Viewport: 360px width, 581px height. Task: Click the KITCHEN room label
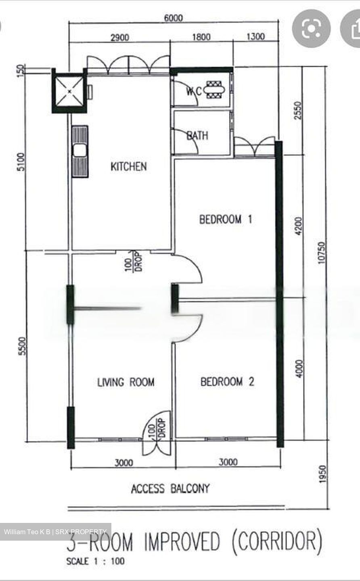click(x=128, y=166)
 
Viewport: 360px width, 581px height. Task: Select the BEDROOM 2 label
click(x=227, y=381)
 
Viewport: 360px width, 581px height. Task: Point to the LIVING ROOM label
click(x=126, y=382)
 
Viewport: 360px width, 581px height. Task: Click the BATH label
click(x=197, y=135)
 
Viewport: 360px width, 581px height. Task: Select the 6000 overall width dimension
click(x=173, y=18)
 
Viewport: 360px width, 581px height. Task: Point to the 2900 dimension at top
click(x=119, y=38)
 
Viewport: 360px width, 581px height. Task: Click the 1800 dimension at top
click(x=201, y=37)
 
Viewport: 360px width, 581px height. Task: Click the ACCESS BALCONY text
click(x=170, y=489)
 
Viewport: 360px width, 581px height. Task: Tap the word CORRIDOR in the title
click(x=277, y=542)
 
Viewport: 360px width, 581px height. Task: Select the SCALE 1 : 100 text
click(x=95, y=561)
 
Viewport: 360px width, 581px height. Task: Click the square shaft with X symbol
click(x=69, y=92)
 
